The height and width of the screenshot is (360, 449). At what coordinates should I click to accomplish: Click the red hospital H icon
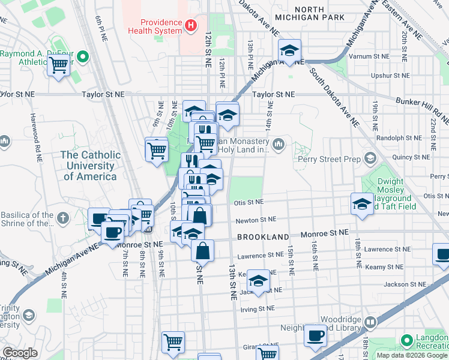191,25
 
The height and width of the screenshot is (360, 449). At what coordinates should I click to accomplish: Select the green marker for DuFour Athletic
83,58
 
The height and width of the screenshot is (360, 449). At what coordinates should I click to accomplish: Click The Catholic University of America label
90,166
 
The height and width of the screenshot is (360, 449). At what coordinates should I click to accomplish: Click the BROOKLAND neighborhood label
263,237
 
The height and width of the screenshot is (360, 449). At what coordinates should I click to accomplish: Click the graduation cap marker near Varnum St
289,51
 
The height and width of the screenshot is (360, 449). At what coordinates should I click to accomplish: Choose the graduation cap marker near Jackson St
258,281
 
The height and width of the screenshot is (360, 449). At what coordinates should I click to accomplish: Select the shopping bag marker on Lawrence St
203,251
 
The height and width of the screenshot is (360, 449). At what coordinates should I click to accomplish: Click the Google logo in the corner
20,353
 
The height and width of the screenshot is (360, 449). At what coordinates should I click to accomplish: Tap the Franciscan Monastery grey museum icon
279,144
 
